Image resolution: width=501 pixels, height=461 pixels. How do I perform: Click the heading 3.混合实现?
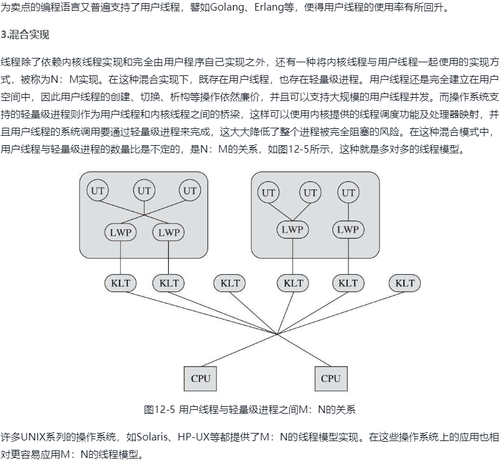pyautogui.click(x=26, y=34)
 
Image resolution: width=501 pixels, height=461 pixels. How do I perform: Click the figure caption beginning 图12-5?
pyautogui.click(x=249, y=409)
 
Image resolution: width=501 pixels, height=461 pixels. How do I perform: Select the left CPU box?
pyautogui.click(x=201, y=378)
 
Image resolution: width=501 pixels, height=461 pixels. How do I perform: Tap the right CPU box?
pyautogui.click(x=331, y=378)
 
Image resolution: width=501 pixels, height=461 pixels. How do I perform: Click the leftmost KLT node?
pyautogui.click(x=121, y=283)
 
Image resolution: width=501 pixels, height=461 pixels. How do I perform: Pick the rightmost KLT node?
pyautogui.click(x=404, y=283)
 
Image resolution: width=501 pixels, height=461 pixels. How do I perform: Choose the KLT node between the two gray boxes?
pyautogui.click(x=230, y=283)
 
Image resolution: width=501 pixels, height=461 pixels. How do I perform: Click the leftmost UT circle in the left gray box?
pyautogui.click(x=97, y=191)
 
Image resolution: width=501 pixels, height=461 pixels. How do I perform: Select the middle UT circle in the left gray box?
pyautogui.click(x=145, y=191)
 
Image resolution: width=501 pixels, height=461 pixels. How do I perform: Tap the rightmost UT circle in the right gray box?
pyautogui.click(x=348, y=192)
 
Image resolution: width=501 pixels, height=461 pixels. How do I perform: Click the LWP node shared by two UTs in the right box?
pyautogui.click(x=292, y=229)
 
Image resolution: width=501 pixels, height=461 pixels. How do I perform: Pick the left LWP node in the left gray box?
pyautogui.click(x=121, y=232)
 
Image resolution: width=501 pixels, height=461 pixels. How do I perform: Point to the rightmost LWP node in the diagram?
pyautogui.click(x=348, y=229)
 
